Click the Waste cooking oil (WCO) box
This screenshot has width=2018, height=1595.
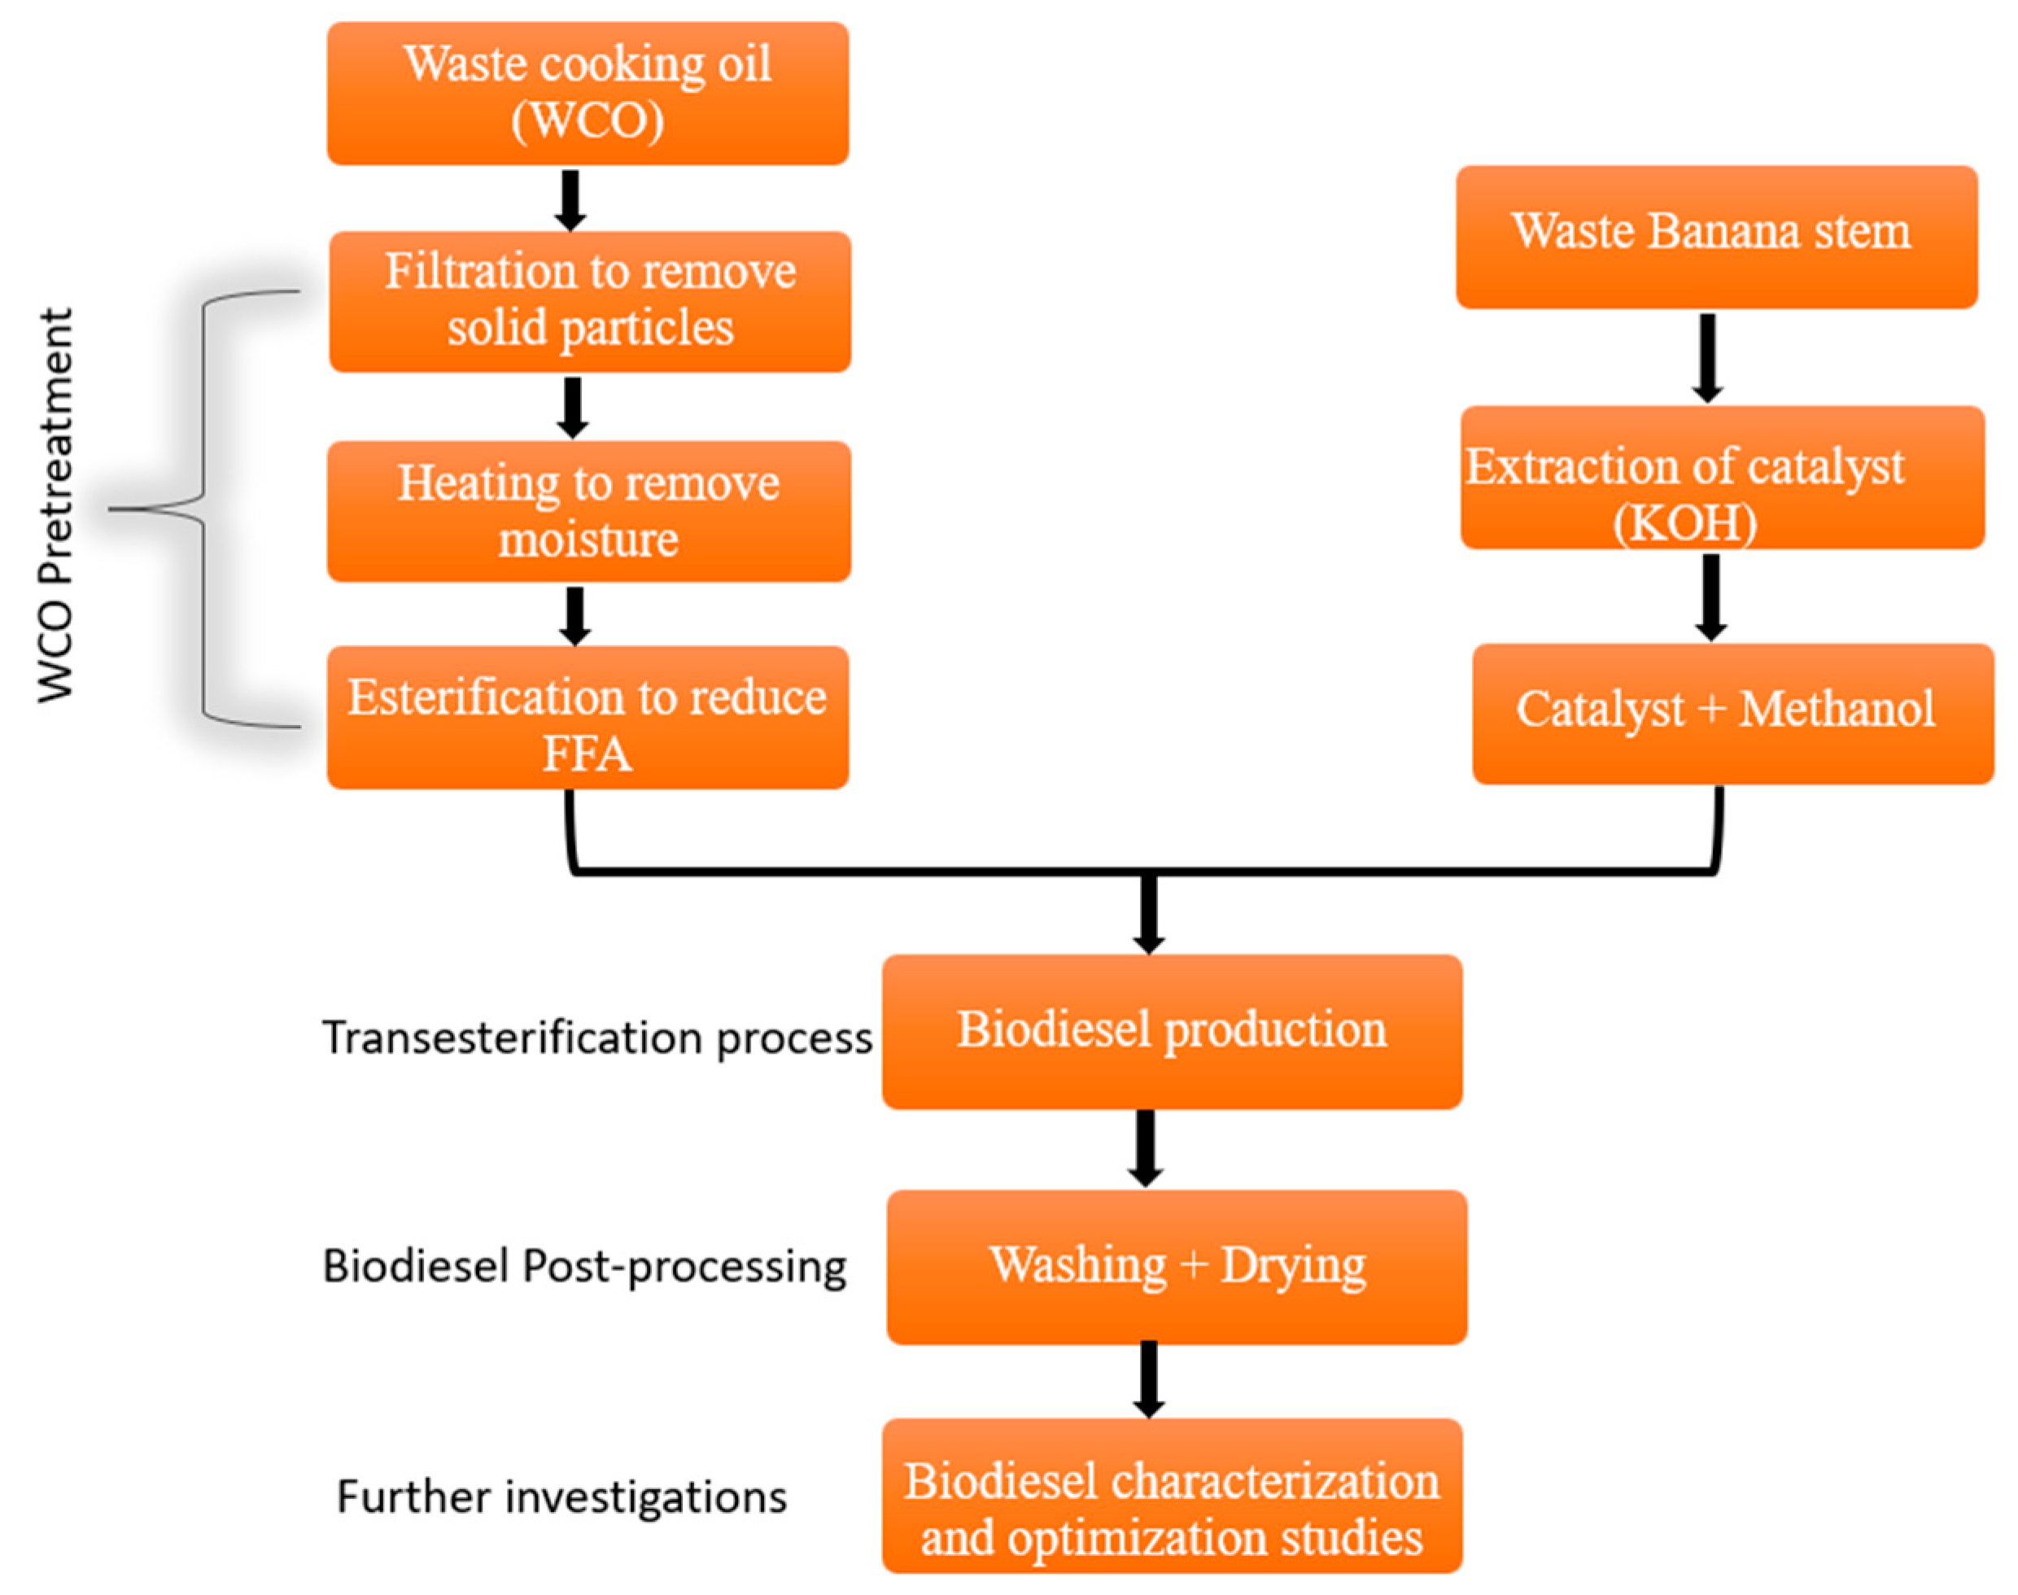pos(587,94)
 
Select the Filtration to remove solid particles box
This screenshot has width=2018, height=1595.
pos(589,302)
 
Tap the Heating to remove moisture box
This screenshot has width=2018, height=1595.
pos(588,511)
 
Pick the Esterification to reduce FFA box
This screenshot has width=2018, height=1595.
pos(587,717)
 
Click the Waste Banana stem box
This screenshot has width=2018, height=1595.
pos(1716,237)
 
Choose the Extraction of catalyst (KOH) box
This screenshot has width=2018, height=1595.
pos(1722,477)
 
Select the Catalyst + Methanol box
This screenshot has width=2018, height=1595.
pos(1732,714)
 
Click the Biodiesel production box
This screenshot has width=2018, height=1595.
pos(1171,1031)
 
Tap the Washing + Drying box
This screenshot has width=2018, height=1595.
pos(1177,1266)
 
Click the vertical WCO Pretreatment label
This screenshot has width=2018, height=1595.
pos(56,505)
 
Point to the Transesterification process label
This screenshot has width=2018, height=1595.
pos(596,1038)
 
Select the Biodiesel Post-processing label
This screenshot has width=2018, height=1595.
pos(584,1267)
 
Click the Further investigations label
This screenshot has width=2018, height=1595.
pos(561,1497)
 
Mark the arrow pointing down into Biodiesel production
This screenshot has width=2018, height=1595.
pos(1149,912)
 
